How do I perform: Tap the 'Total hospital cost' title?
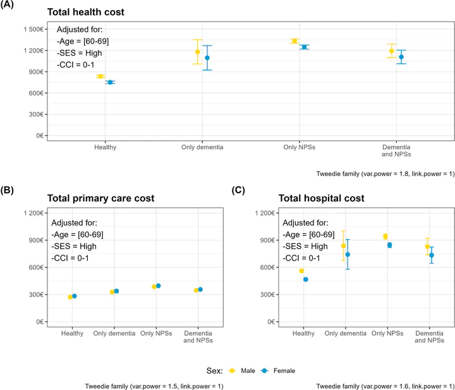(321, 198)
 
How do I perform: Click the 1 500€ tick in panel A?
(31, 29)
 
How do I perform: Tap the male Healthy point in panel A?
(100, 76)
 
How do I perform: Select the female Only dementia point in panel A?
(207, 58)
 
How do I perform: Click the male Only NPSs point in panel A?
(294, 41)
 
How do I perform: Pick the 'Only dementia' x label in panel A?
(203, 147)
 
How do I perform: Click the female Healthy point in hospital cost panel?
(306, 279)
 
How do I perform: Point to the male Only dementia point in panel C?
(344, 246)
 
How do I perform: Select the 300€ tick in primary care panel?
(34, 295)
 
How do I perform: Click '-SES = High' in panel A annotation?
(80, 52)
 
